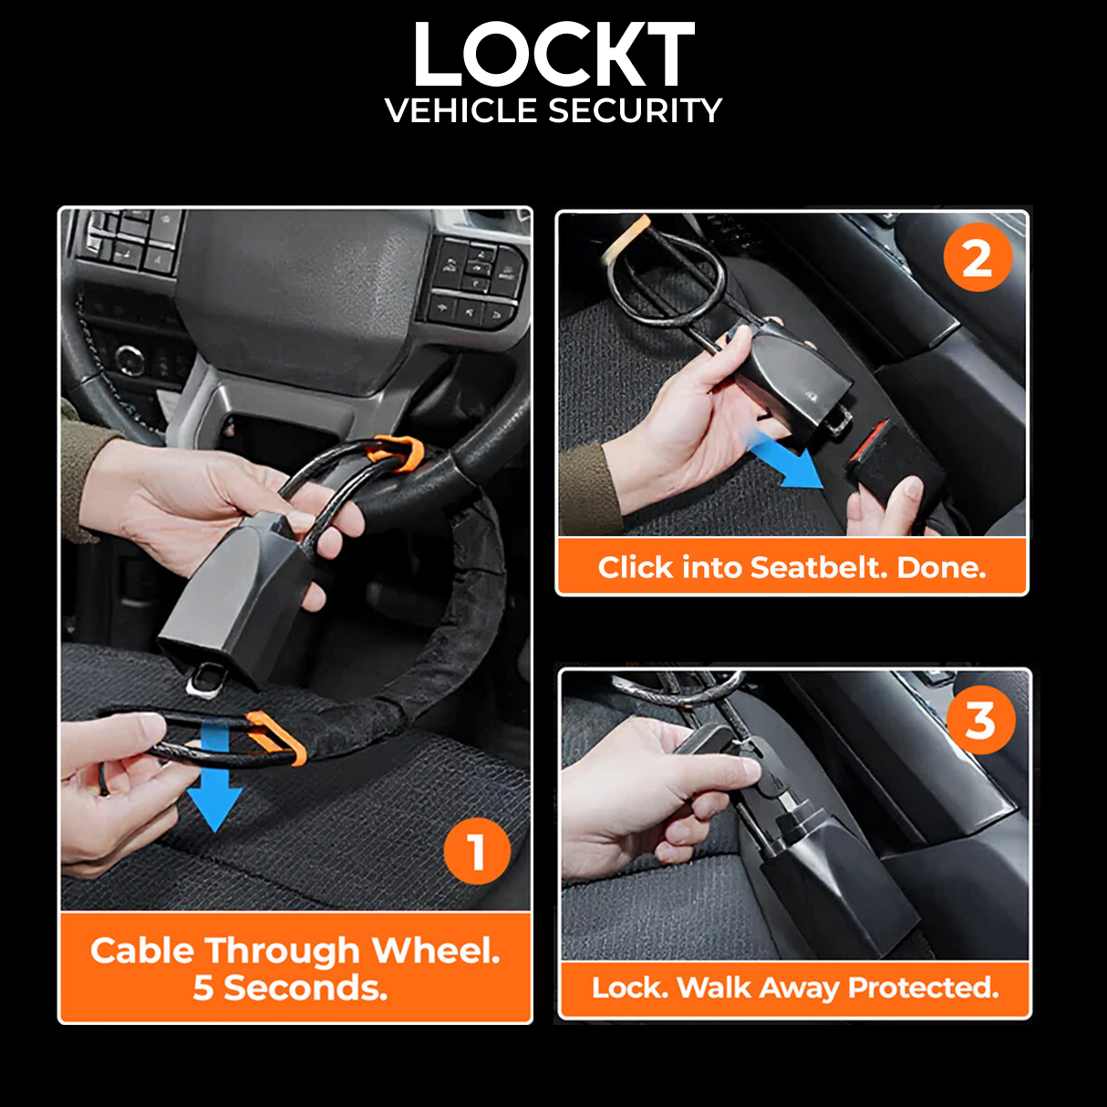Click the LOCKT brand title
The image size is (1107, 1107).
553,56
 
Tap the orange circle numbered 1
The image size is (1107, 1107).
476,852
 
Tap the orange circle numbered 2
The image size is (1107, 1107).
977,258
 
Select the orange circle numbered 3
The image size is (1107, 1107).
980,720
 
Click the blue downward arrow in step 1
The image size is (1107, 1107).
214,775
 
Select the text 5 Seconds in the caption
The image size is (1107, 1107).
290,988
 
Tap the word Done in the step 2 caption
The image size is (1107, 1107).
940,568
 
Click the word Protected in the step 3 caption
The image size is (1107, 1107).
923,988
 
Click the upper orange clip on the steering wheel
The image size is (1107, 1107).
396,453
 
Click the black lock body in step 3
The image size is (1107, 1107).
825,875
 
